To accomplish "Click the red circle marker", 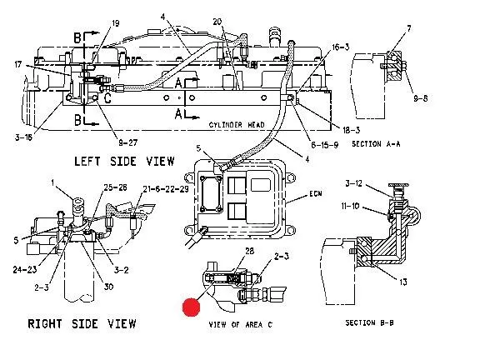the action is click(x=192, y=307).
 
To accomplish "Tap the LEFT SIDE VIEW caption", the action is click(x=124, y=162).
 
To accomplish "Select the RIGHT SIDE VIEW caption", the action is click(x=82, y=323).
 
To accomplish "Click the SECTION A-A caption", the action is click(x=376, y=144).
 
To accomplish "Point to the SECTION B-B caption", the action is click(x=369, y=322).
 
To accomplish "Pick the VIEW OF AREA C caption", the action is click(x=240, y=324).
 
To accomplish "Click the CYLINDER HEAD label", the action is click(x=237, y=125).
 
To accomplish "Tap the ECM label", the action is click(x=316, y=194).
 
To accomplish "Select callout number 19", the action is click(x=115, y=23).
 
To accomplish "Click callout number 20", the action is click(x=217, y=22).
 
